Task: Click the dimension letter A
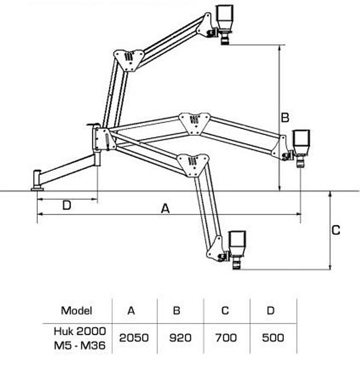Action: pos(165,209)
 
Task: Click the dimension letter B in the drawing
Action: pos(285,118)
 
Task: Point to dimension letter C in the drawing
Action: pos(336,230)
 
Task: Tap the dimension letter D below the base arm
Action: pos(67,205)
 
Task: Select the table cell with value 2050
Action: pos(134,338)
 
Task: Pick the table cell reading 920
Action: pos(181,338)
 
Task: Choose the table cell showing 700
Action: pos(226,338)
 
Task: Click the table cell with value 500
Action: pos(273,338)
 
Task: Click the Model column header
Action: pos(76,310)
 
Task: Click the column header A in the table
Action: pos(131,310)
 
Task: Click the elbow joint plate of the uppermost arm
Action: pos(129,59)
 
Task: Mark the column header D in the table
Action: pos(271,310)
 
